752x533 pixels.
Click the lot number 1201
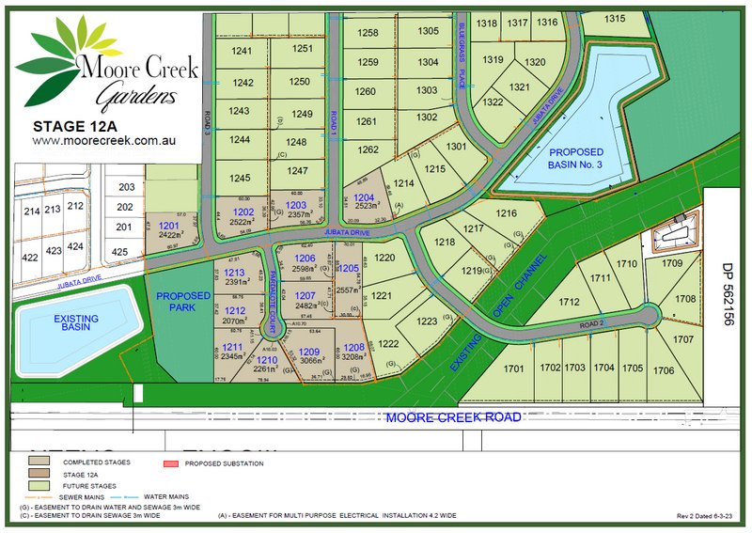pyautogui.click(x=168, y=227)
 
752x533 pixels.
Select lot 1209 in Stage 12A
pyautogui.click(x=310, y=353)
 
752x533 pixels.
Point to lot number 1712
pyautogui.click(x=567, y=303)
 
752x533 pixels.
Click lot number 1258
pyautogui.click(x=368, y=33)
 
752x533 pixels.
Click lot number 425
pyautogui.click(x=119, y=252)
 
